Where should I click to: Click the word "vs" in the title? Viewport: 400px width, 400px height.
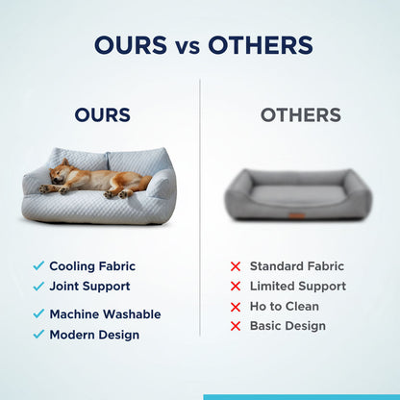[187, 45]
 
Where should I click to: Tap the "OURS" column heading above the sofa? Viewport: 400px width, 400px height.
[102, 115]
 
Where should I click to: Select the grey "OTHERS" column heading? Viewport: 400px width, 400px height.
[300, 115]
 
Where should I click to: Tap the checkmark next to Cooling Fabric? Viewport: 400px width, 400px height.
[38, 265]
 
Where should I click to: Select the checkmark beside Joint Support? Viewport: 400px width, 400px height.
[38, 286]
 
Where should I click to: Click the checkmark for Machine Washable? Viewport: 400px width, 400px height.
[38, 313]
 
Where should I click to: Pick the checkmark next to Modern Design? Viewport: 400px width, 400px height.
[38, 335]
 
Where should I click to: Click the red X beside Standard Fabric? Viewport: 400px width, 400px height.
[235, 266]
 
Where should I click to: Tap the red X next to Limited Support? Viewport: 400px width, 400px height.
[235, 287]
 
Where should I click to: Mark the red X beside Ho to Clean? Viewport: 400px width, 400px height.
[235, 307]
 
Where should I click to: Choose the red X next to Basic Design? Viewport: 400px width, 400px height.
[235, 327]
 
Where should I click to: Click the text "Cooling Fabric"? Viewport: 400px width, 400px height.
[92, 265]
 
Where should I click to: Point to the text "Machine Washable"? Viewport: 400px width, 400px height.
[105, 313]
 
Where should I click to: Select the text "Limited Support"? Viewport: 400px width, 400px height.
[297, 287]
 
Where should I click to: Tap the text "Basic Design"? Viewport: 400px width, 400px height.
[287, 326]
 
